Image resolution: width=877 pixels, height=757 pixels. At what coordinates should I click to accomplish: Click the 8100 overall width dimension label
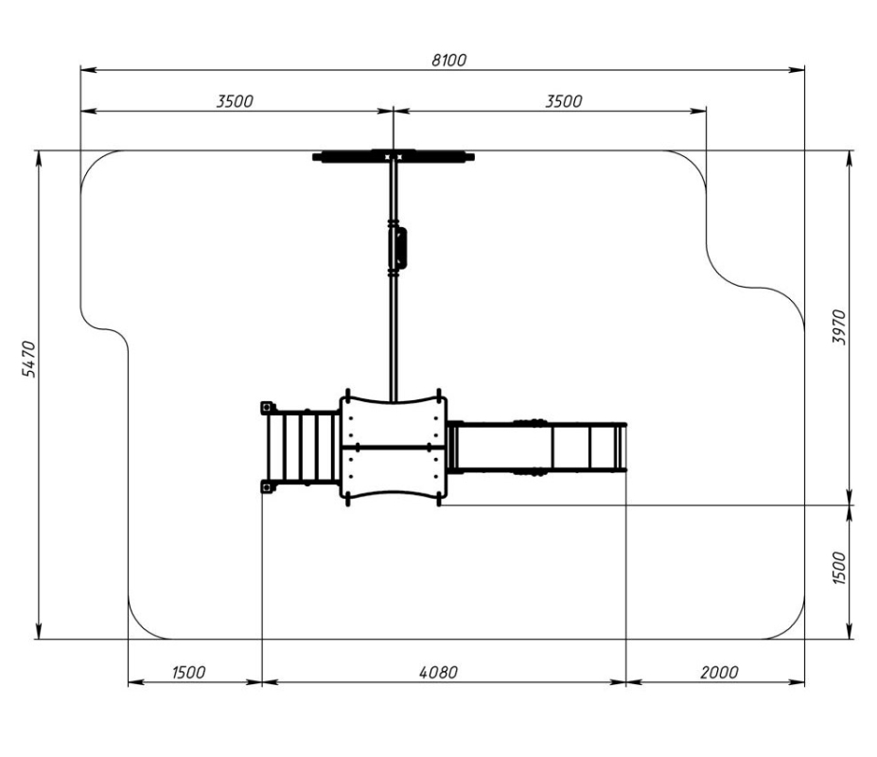click(x=448, y=60)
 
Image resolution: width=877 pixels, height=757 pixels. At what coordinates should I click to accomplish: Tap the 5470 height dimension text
click(x=28, y=359)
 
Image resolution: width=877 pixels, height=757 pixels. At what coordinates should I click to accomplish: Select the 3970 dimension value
click(x=839, y=326)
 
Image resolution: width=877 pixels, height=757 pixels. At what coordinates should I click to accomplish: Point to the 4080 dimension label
click(x=439, y=672)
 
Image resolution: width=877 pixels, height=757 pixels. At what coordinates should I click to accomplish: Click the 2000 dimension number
click(x=719, y=672)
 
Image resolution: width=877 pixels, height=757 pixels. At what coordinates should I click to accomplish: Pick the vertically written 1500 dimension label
click(x=839, y=568)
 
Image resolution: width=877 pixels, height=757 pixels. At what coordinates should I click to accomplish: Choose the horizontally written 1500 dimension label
click(x=188, y=672)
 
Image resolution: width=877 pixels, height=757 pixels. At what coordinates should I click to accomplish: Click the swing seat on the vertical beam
click(x=397, y=248)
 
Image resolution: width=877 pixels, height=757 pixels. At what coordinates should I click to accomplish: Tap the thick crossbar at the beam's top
click(x=394, y=157)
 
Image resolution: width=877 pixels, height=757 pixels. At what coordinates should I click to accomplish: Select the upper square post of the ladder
click(x=268, y=407)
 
